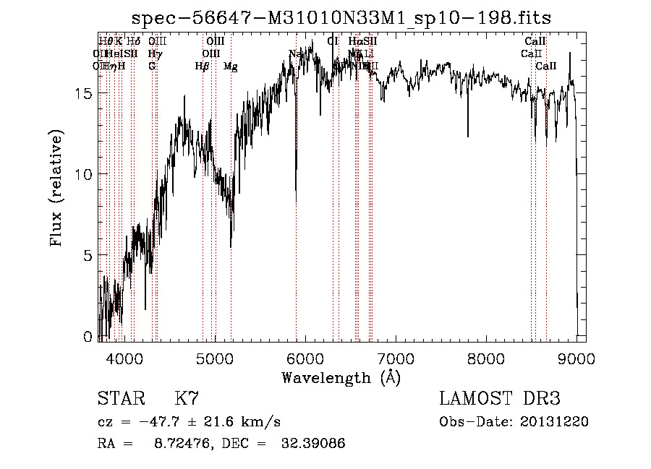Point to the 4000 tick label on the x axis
125,358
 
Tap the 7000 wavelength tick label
396,358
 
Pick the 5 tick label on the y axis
88,256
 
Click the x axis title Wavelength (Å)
341,377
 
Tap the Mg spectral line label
230,66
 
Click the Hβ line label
202,66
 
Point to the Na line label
294,54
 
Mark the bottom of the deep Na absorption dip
296,200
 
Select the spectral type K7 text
187,399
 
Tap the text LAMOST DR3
499,399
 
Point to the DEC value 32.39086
312,444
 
